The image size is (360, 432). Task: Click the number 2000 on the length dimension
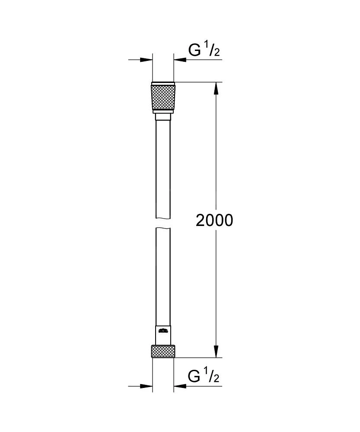[214, 220]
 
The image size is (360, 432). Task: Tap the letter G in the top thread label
[195, 51]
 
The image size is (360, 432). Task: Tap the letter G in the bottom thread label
[195, 377]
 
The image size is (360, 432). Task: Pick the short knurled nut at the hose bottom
[163, 351]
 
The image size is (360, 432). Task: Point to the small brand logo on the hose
[163, 331]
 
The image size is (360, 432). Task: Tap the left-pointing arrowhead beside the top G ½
[179, 60]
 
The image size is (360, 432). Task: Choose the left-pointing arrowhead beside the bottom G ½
[179, 386]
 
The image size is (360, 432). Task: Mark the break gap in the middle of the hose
[163, 222]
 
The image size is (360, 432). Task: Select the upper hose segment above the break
[163, 168]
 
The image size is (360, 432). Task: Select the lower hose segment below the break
[163, 276]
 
